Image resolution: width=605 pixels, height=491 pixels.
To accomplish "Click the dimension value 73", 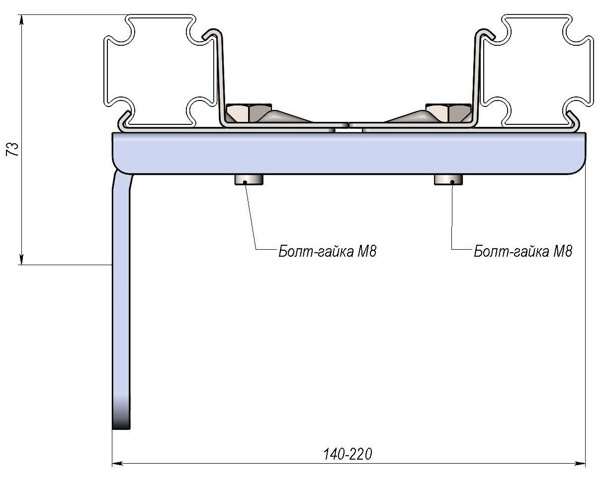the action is (x=12, y=149).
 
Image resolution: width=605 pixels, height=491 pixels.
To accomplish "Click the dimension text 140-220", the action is (x=347, y=454).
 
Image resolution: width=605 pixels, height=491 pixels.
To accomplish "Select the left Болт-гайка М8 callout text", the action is (x=327, y=251).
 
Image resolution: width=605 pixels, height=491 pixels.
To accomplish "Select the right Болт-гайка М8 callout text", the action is (x=522, y=251).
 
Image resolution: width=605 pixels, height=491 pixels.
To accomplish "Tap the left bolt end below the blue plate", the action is (x=249, y=180).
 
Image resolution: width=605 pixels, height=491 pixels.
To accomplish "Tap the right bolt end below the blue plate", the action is (x=448, y=180).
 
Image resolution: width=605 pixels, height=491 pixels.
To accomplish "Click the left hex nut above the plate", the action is (x=249, y=113).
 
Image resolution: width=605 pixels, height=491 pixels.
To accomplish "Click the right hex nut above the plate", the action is (x=448, y=113).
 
